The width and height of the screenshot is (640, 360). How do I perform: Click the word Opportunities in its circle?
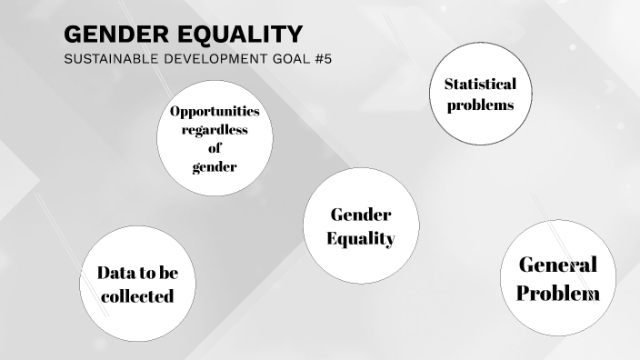click(215, 111)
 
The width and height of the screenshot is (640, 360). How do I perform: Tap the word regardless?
click(215, 130)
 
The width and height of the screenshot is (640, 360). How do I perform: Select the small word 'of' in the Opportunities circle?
click(215, 148)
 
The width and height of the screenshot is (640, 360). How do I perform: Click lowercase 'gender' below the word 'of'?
click(215, 166)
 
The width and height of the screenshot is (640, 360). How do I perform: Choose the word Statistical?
click(480, 85)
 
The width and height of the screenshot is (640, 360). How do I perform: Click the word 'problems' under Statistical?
click(480, 105)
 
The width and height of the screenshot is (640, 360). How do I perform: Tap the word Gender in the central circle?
click(360, 215)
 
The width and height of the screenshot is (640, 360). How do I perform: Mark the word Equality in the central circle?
click(360, 239)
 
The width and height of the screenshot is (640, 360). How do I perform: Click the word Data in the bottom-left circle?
click(115, 272)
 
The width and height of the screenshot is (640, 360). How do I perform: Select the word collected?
click(137, 295)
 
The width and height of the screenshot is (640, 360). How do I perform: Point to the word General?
click(557, 265)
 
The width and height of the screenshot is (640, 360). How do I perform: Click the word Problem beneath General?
click(557, 294)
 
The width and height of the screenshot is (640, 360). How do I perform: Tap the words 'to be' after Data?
click(159, 272)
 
